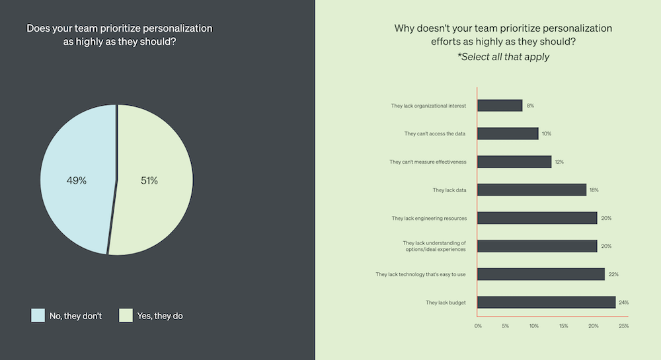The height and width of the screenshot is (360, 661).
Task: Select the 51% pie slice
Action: point(155,180)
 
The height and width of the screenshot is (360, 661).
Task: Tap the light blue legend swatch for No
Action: point(38,316)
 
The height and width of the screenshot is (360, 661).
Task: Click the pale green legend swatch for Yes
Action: point(126,316)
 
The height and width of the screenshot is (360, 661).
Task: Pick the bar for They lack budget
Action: point(547,303)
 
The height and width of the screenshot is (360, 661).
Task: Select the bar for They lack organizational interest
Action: point(500,106)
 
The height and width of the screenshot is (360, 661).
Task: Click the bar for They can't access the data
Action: point(508,133)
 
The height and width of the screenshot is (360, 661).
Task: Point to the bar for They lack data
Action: point(531,190)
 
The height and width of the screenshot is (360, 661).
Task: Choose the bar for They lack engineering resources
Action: point(537,218)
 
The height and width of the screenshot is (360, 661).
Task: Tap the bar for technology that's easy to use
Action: point(541,274)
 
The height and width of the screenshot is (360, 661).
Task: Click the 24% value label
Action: point(624,303)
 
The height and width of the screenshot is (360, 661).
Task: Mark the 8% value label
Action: point(530,106)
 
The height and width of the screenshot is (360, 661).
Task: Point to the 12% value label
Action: point(560,162)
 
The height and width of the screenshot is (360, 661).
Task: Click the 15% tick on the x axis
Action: point(564,326)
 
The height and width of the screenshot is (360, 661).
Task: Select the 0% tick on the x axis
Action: point(478,326)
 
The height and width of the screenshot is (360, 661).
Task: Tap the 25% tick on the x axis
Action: point(623,326)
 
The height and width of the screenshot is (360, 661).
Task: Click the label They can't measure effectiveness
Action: point(428,162)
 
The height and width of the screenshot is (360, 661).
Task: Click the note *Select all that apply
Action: point(503,57)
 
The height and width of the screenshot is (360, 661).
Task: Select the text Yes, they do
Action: point(161,316)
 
